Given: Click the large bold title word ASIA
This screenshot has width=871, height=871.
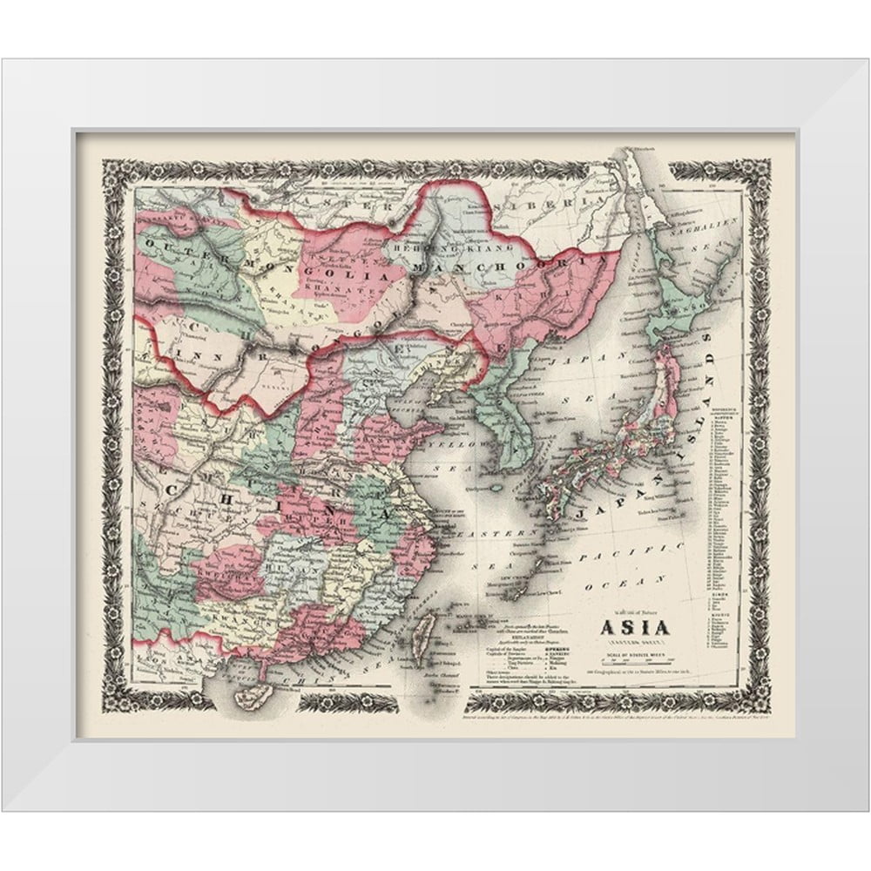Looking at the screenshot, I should [632, 626].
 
